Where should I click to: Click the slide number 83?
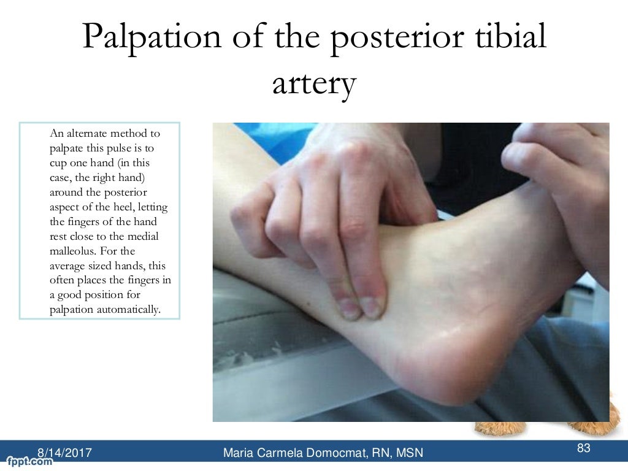tap(584, 448)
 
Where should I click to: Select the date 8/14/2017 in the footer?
tap(65, 453)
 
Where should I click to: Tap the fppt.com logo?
tap(28, 461)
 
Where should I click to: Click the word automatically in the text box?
tap(132, 309)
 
